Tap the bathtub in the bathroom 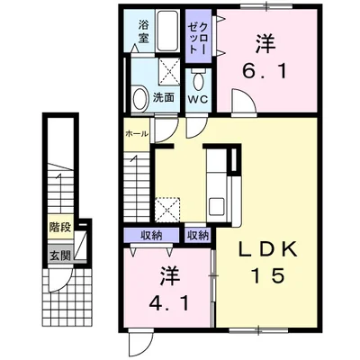pyautogui.click(x=168, y=34)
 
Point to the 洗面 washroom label pyautogui.click(x=162, y=97)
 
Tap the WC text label pyautogui.click(x=197, y=98)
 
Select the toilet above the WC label pyautogui.click(x=197, y=78)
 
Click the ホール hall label pyautogui.click(x=137, y=132)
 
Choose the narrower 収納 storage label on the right pyautogui.click(x=197, y=235)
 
